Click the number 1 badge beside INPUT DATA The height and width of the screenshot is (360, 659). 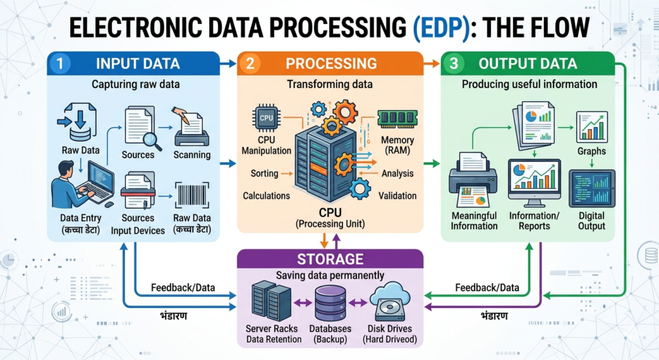tap(59, 64)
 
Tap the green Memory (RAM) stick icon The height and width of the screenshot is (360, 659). tap(397, 119)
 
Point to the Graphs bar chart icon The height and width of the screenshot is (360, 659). tap(591, 126)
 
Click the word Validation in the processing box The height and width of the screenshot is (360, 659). tap(398, 196)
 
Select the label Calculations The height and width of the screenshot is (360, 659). tap(266, 196)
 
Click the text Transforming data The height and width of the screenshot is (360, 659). tap(329, 84)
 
